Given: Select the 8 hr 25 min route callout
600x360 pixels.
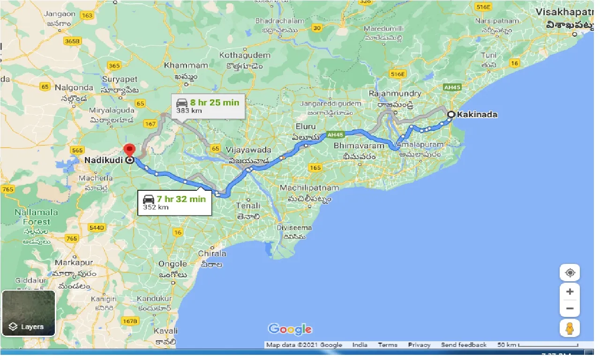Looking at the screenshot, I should point(208,106).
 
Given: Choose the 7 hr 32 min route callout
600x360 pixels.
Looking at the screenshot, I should point(174,202).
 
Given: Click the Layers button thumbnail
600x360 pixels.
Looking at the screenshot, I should point(29,313).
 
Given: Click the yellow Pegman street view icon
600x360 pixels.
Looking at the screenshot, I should point(570,329).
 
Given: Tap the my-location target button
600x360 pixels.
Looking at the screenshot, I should point(570,273).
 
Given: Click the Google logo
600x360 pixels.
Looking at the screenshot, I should point(290,330).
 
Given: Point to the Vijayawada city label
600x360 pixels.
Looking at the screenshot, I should point(248,150).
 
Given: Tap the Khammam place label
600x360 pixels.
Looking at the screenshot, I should point(186,66).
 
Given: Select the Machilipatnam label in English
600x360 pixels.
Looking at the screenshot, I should point(309,188).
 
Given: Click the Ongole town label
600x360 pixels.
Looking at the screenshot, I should point(173,264).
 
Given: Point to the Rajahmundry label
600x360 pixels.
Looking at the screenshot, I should point(395,94).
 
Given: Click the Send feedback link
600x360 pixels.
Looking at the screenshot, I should point(464,345).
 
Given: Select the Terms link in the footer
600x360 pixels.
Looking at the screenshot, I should point(388,345).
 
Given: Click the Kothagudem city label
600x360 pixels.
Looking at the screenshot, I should point(245,55).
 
